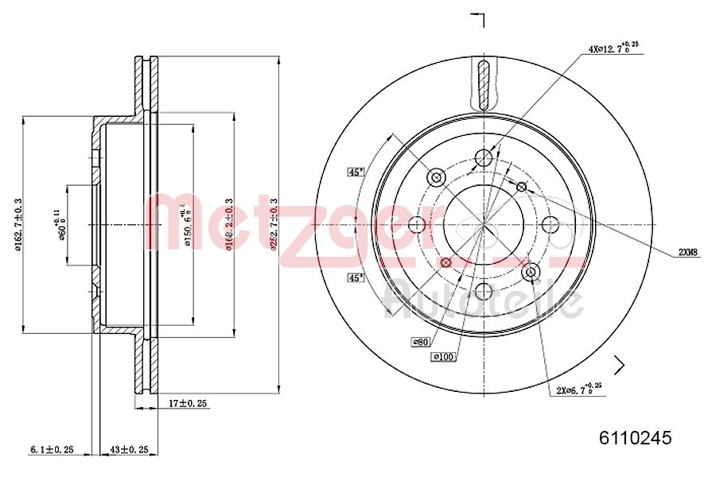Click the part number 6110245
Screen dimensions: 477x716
(x=635, y=437)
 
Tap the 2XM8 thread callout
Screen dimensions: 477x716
(x=687, y=252)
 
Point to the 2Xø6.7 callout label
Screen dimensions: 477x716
(x=578, y=390)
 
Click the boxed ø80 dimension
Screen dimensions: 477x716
(x=421, y=342)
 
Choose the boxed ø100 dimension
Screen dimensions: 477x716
(x=443, y=357)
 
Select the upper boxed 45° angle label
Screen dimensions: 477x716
(x=356, y=172)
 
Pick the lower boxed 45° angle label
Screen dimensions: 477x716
(x=356, y=277)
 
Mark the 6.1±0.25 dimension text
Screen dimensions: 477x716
(x=52, y=450)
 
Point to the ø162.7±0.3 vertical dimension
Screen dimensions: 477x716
(x=18, y=225)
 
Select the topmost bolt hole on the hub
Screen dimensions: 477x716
(x=483, y=157)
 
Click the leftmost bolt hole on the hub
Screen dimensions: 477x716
(x=416, y=225)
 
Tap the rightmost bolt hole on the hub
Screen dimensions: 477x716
(x=551, y=225)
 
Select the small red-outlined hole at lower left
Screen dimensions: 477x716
(x=446, y=262)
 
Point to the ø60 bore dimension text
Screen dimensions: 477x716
(x=60, y=225)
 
